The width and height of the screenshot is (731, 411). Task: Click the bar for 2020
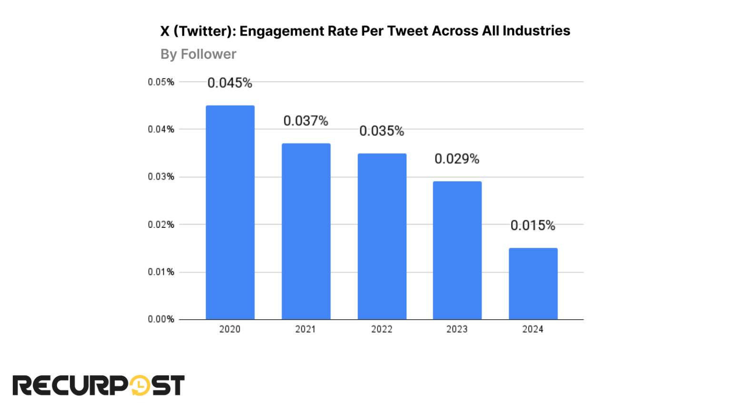tap(230, 212)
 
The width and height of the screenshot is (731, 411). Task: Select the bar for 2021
tap(306, 231)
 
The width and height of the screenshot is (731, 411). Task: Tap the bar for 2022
tap(382, 236)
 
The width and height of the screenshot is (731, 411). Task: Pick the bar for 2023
tap(457, 250)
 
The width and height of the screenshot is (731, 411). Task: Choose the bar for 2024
tap(533, 284)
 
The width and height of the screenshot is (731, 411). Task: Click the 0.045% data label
tap(230, 83)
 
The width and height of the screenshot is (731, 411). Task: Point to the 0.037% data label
tap(306, 121)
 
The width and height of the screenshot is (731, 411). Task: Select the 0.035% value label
tap(382, 131)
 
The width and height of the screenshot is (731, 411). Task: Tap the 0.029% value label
tap(457, 159)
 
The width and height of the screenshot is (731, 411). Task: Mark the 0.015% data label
tap(533, 225)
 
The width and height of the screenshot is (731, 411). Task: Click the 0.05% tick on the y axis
tap(161, 82)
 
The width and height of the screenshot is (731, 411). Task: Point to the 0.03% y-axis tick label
tap(161, 177)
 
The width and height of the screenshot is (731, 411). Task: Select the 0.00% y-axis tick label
tap(161, 319)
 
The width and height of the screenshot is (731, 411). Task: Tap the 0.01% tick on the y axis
tap(161, 272)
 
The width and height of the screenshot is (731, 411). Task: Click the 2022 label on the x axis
tap(382, 329)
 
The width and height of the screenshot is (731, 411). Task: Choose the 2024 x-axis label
tap(533, 329)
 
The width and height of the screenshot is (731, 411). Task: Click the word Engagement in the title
tap(282, 31)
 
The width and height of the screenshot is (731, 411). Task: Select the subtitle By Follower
tap(198, 54)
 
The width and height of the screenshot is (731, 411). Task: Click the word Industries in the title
tap(536, 31)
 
